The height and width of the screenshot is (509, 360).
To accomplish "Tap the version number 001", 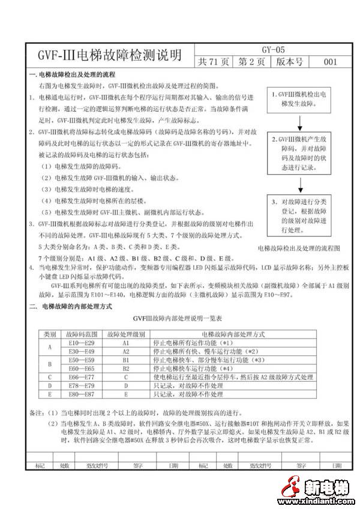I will tap(330, 62).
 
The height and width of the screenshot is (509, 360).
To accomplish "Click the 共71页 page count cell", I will tap(214, 62).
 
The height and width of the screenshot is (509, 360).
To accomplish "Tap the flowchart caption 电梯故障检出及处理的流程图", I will tap(298, 248).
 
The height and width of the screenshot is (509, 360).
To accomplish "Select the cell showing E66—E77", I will tap(80, 377).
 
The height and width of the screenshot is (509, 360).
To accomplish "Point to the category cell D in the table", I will tap(49, 385).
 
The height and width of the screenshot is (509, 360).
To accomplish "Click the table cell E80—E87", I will tap(80, 394).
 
